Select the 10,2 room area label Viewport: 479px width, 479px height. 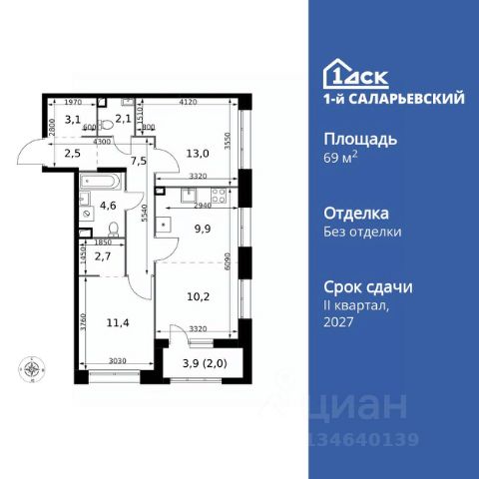pyautogui.click(x=199, y=294)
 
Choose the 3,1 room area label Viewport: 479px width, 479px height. pyautogui.click(x=73, y=120)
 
